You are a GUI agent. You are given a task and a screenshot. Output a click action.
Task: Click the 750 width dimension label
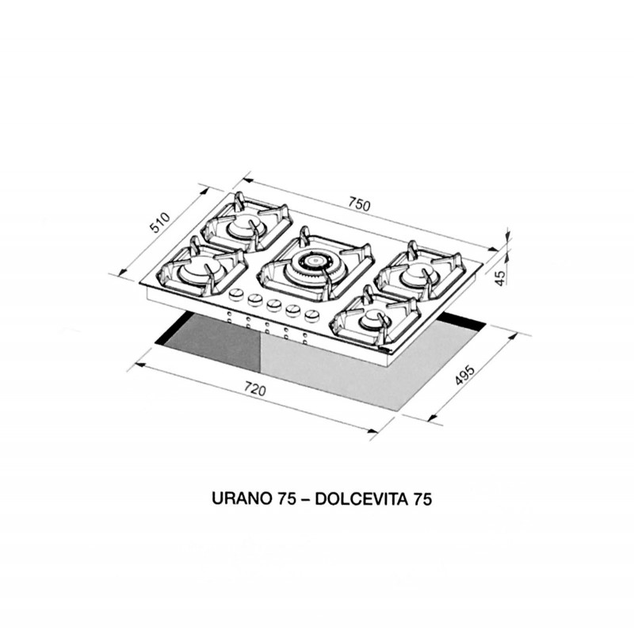point(360,204)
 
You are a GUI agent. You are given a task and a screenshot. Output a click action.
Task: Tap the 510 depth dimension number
point(161,223)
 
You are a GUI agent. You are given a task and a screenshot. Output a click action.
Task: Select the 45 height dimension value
point(499,277)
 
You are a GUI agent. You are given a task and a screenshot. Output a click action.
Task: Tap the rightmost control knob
point(311,315)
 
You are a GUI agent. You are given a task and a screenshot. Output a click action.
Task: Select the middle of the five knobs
point(273,306)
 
